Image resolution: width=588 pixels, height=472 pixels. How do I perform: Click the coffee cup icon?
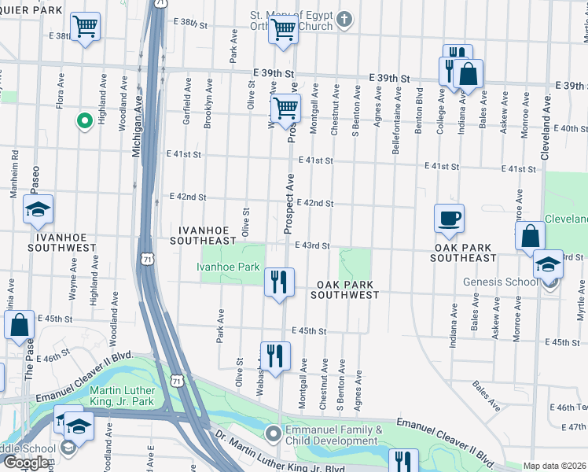pyautogui.click(x=449, y=218)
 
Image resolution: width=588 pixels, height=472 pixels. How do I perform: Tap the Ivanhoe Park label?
pyautogui.click(x=228, y=267)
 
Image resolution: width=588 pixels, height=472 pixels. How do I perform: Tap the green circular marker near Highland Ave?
pyautogui.click(x=84, y=120)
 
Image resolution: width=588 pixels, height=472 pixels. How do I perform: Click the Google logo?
pyautogui.click(x=25, y=463)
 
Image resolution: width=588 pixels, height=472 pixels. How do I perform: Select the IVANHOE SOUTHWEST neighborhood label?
pyautogui.click(x=64, y=241)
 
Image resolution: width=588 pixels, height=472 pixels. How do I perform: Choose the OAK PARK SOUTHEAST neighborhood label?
pyautogui.click(x=464, y=252)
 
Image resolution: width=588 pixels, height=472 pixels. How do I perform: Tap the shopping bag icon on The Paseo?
pyautogui.click(x=19, y=325)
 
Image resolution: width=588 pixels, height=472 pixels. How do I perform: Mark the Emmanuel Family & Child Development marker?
pyautogui.click(x=273, y=433)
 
